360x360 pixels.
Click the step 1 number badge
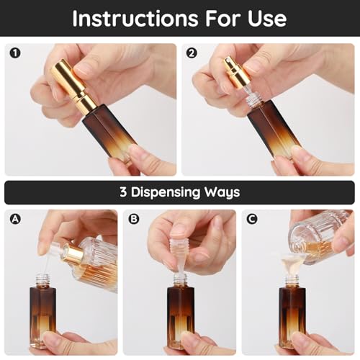(x=14, y=53)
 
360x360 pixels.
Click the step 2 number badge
(x=191, y=53)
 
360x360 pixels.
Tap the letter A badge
(x=14, y=218)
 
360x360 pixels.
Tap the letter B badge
(x=133, y=218)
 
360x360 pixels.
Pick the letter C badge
(x=251, y=218)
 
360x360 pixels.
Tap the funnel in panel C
(x=290, y=261)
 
